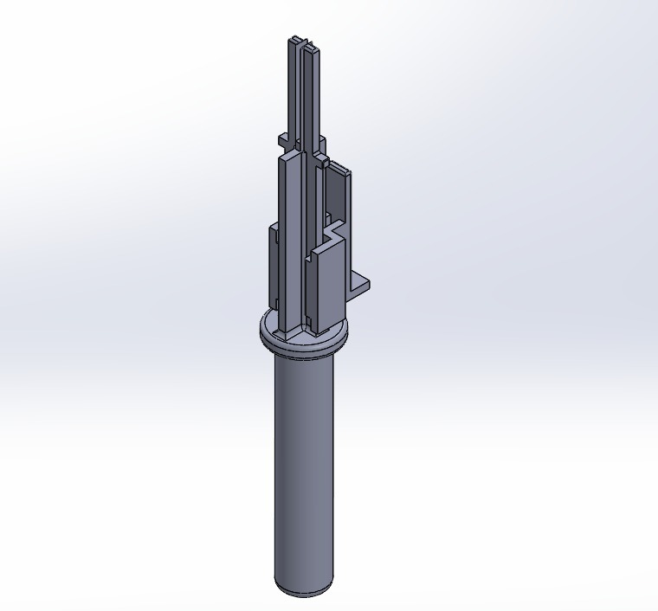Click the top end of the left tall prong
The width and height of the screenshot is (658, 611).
294,40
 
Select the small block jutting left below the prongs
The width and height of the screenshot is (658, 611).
283,140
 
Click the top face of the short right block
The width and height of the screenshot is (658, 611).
326,248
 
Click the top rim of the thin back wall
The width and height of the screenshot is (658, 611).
339,168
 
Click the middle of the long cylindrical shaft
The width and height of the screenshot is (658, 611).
303,467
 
